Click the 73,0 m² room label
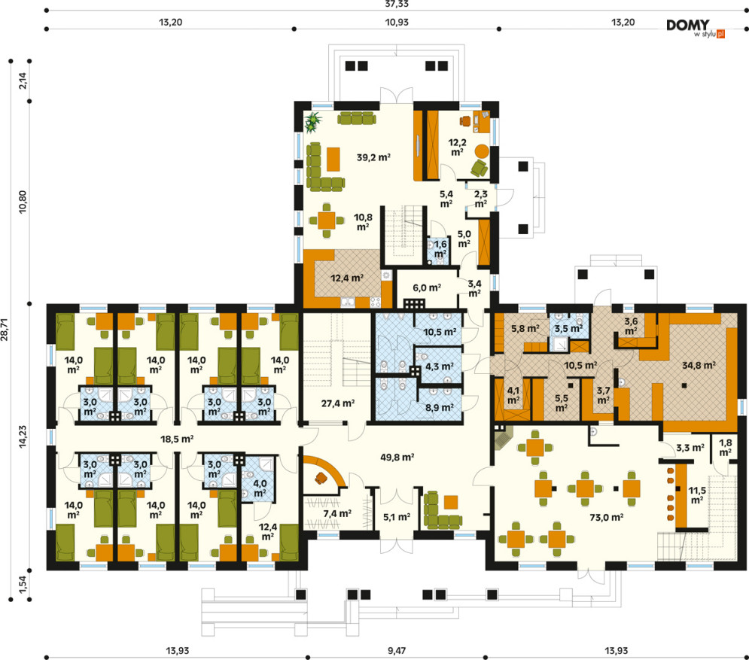[606, 517]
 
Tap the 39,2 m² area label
[373, 157]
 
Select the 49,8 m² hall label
[397, 457]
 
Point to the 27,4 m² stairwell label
[338, 403]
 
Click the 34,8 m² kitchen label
[699, 366]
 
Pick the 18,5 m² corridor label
[177, 439]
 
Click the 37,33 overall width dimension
[397, 5]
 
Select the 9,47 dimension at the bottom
[397, 650]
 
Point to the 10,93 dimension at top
[397, 22]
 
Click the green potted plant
[313, 121]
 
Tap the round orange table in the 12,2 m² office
[482, 151]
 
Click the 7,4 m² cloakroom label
[337, 513]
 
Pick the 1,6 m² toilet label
[440, 249]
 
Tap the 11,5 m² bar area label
[697, 495]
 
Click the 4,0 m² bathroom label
[260, 488]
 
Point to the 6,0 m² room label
[427, 288]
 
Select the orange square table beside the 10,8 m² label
[326, 221]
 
